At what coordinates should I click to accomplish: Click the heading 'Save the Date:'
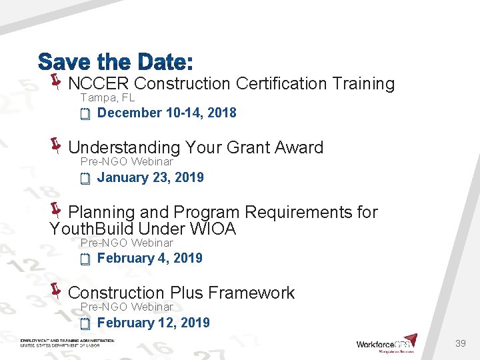point(115,63)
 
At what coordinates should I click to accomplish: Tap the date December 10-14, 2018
point(167,113)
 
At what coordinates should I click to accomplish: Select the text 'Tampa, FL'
point(107,98)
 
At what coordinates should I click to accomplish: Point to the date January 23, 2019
point(151,177)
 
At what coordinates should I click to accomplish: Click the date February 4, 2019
point(150,258)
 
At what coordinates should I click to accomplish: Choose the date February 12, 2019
point(153,323)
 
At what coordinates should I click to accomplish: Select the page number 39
point(460,343)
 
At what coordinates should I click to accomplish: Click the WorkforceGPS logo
point(387,343)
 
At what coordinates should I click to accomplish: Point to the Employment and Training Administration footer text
point(67,343)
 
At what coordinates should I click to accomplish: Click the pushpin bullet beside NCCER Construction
point(56,82)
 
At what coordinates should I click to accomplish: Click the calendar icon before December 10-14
point(85,115)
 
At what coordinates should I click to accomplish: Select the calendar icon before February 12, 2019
point(85,325)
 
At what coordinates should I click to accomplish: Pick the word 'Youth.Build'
point(85,229)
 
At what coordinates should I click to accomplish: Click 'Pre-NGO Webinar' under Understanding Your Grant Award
point(127,162)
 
